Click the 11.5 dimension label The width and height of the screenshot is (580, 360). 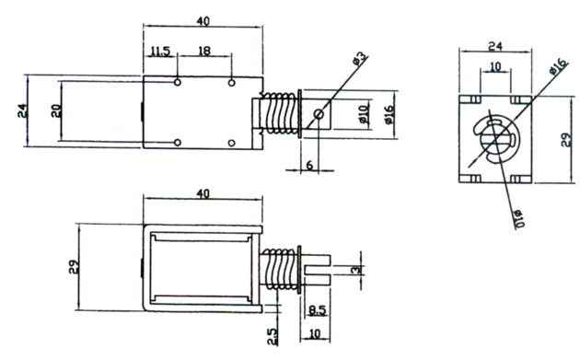pyautogui.click(x=160, y=51)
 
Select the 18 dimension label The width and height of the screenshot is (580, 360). pyautogui.click(x=204, y=51)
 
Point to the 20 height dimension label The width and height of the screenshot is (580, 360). pyautogui.click(x=56, y=111)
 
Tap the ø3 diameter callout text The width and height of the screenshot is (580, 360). pyautogui.click(x=360, y=58)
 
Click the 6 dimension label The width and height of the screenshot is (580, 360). pyautogui.click(x=309, y=164)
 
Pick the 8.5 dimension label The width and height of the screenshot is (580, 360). pyautogui.click(x=318, y=309)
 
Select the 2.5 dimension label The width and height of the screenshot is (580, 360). pyautogui.click(x=273, y=336)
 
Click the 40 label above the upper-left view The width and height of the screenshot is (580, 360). pyautogui.click(x=203, y=21)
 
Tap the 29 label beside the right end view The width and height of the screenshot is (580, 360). pyautogui.click(x=566, y=140)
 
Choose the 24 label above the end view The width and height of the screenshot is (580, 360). pyautogui.click(x=495, y=47)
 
